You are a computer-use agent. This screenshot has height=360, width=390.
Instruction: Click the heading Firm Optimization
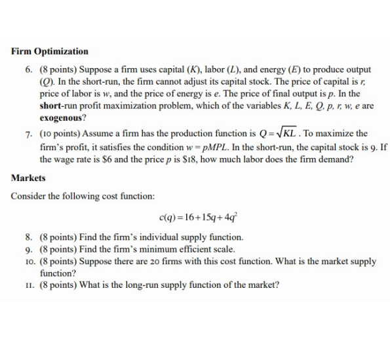pos(50,51)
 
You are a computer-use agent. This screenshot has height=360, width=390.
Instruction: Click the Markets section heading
pos(28,178)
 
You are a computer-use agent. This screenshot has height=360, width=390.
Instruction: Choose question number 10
pos(29,261)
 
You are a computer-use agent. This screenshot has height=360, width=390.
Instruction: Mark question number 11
pos(29,285)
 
